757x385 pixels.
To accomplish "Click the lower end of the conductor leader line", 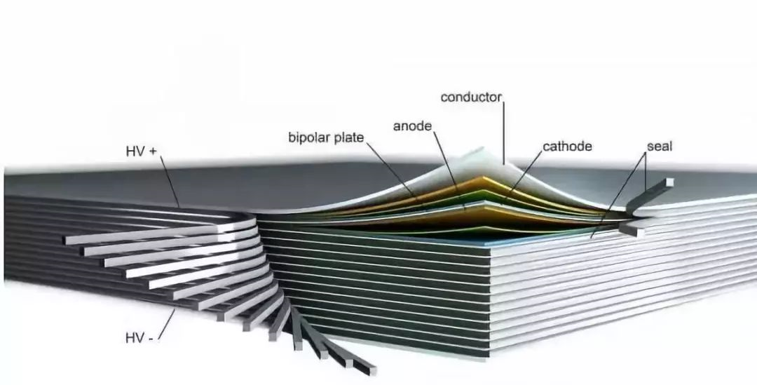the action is tap(504, 164).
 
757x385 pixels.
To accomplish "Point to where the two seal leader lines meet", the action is tap(645, 154).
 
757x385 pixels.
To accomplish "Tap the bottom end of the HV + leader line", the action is tap(179, 208).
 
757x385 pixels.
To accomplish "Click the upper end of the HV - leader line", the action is tap(175, 309).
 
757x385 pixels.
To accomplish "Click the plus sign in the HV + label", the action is tap(153, 151).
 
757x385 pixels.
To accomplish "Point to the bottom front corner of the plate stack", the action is tap(488, 358).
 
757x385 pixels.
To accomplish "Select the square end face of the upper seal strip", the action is tap(669, 182).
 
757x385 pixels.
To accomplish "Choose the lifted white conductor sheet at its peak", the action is tap(480, 151).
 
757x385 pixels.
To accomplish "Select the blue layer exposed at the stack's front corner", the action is tap(483, 240).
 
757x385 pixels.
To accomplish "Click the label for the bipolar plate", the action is tap(326, 137).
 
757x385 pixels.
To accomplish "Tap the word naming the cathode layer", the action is tap(567, 147).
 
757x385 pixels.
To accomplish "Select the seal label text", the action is tap(660, 147).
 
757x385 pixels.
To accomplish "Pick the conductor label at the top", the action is tap(471, 97).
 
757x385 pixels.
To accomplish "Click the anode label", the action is tap(412, 126).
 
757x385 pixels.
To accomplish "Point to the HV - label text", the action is tap(139, 337).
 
